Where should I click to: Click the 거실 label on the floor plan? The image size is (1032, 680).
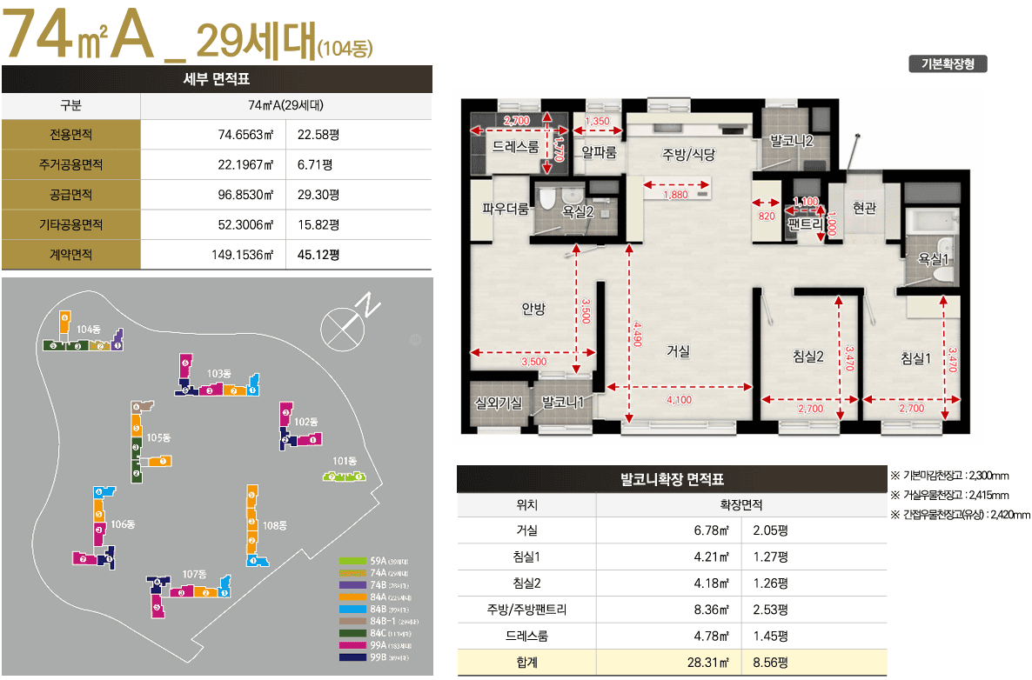point(678,351)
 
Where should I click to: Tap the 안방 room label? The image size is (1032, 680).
point(533,308)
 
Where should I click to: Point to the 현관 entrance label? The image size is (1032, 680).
point(864,208)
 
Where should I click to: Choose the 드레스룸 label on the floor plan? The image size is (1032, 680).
point(515,147)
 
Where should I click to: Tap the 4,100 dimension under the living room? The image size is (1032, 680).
point(679,400)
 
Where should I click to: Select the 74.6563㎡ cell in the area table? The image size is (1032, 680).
point(246,135)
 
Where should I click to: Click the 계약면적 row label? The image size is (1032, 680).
point(71,255)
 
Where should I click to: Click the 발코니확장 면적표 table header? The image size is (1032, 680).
point(672,479)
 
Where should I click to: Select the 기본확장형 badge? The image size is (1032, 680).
point(948,63)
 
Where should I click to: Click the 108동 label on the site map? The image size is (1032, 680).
point(275,524)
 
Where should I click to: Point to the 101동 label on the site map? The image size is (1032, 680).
point(345,461)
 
